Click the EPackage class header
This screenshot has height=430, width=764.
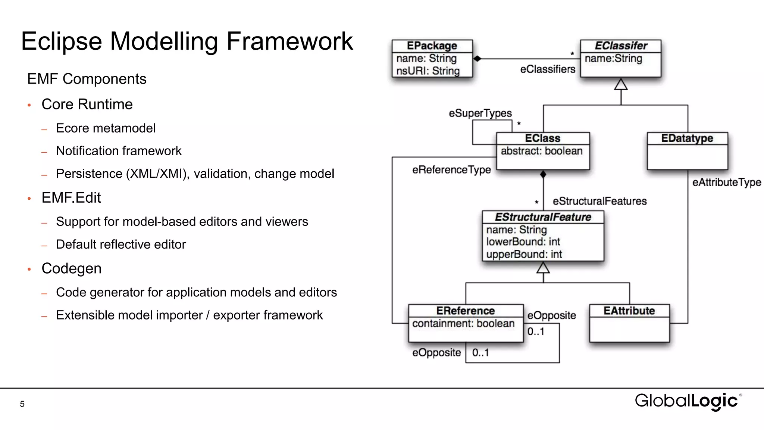[432, 46]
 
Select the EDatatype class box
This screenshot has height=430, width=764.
[687, 151]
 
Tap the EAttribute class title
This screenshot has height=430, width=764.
[629, 311]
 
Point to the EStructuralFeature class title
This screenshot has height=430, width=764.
[543, 217]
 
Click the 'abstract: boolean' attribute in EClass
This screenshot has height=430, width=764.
[541, 151]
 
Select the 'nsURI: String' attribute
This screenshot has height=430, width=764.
[428, 71]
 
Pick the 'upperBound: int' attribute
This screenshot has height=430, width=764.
[524, 254]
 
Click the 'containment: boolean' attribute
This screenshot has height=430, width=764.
[463, 323]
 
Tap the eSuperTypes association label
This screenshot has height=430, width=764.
[480, 113]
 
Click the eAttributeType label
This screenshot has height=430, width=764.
[726, 182]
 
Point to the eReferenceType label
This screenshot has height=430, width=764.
[451, 170]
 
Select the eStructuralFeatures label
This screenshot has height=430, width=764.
[599, 201]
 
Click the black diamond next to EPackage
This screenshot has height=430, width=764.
[477, 59]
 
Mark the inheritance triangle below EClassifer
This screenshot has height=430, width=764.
[621, 84]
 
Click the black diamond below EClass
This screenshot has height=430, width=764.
[543, 174]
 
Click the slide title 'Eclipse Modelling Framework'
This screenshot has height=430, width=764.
[187, 41]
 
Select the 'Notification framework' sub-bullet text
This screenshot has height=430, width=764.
[119, 151]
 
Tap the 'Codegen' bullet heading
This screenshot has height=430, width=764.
[71, 268]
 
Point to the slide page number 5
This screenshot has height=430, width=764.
[22, 404]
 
